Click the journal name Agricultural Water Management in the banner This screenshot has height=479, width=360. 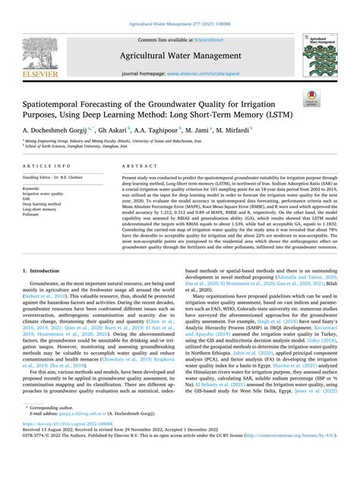179,55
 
